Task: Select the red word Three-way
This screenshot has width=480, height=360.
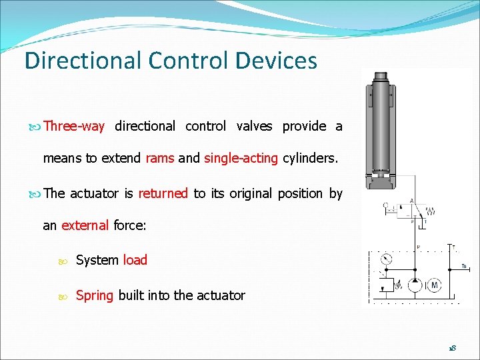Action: click(74, 126)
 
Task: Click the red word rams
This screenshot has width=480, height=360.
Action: click(160, 159)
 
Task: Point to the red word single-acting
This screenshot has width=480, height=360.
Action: click(241, 159)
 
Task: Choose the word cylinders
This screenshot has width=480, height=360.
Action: click(310, 159)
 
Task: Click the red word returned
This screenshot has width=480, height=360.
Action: click(163, 193)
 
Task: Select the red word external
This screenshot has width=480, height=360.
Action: click(85, 225)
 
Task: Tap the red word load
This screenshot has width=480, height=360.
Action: click(135, 260)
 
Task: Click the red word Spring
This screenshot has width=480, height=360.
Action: click(95, 295)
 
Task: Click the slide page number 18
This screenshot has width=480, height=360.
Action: click(452, 348)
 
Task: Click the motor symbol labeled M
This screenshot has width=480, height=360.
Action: click(433, 285)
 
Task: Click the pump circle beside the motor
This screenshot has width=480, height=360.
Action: click(415, 285)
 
